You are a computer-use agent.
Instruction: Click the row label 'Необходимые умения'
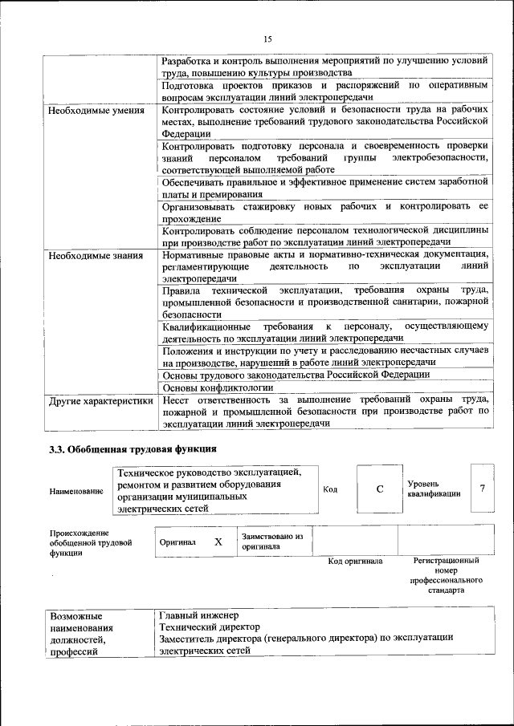pyautogui.click(x=96, y=111)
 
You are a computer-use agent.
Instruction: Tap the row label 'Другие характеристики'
pyautogui.click(x=100, y=400)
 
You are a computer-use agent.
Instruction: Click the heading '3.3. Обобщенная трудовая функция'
pyautogui.click(x=133, y=449)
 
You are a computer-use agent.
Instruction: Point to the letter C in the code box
pyautogui.click(x=379, y=489)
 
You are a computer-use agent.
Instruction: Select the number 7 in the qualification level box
pyautogui.click(x=482, y=489)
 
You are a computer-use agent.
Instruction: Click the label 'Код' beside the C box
pyautogui.click(x=330, y=489)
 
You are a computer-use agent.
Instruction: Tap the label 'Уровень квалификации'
pyautogui.click(x=434, y=489)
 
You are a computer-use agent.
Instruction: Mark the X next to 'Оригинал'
pyautogui.click(x=218, y=541)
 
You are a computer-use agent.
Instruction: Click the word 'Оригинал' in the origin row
pyautogui.click(x=177, y=542)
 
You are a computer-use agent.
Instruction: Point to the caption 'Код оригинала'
pyautogui.click(x=355, y=562)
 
